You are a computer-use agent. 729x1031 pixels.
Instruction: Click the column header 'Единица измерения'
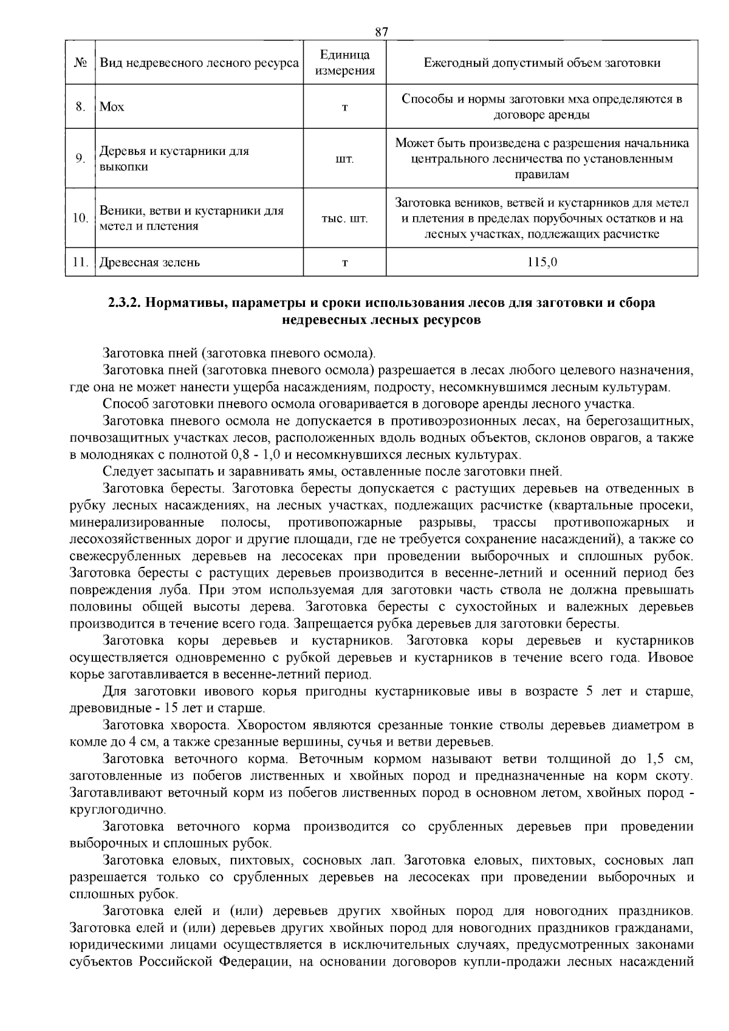coord(344,63)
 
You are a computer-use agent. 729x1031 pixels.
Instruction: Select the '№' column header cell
coord(80,63)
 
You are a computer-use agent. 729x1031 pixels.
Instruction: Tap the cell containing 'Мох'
coord(112,108)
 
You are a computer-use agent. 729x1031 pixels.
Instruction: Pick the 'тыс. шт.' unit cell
coord(344,219)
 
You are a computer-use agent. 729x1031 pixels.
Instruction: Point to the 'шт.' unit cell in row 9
coord(344,159)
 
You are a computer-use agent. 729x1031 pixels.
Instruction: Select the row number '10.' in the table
coord(80,219)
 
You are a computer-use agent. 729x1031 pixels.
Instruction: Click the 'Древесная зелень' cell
coord(150,263)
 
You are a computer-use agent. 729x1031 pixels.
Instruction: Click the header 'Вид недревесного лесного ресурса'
coord(199,63)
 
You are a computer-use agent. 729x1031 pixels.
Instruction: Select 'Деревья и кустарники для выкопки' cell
coord(174,159)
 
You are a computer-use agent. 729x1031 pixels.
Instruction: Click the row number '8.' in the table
coord(80,108)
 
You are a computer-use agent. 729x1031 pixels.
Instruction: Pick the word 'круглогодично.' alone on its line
coord(109,810)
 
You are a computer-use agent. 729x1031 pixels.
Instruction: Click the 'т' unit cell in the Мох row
coord(344,108)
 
